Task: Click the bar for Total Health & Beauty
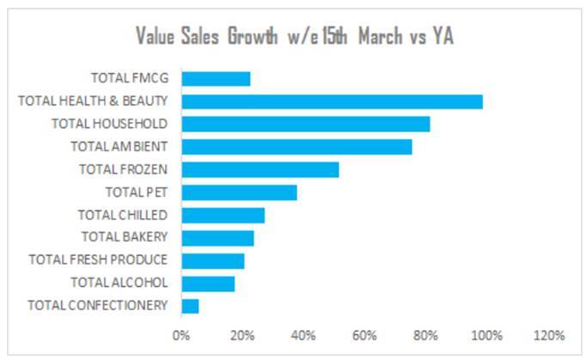click(332, 101)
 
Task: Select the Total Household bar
click(305, 124)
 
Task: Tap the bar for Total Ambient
click(296, 147)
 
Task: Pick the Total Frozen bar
click(259, 169)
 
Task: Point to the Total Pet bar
click(239, 192)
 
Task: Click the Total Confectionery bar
click(190, 305)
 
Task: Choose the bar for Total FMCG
click(216, 79)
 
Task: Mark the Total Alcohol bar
click(208, 283)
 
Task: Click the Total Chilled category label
click(122, 215)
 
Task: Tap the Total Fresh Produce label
click(98, 259)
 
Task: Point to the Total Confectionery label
click(97, 305)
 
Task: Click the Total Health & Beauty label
click(93, 101)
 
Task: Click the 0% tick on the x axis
click(181, 334)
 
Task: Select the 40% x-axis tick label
click(303, 334)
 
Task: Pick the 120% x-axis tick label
click(548, 334)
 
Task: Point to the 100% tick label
click(486, 334)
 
